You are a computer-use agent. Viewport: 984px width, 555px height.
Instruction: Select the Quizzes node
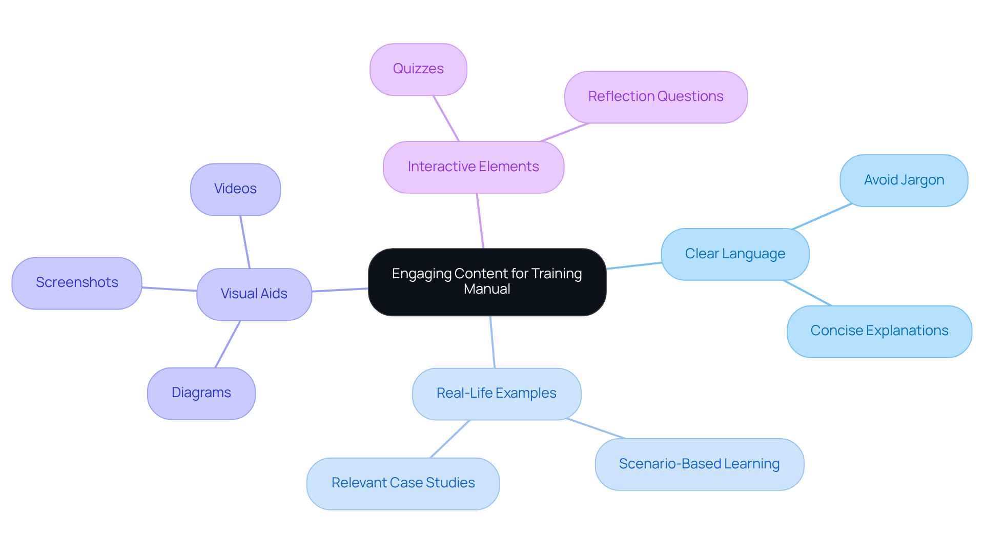[418, 69]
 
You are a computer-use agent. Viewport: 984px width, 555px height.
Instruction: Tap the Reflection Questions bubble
[655, 97]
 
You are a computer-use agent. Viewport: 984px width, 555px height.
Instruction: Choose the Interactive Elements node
[473, 167]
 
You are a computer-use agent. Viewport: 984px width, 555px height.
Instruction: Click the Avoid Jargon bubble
[904, 180]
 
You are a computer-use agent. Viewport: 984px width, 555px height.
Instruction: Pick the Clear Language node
[735, 254]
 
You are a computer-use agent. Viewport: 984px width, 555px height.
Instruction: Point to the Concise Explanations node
[879, 331]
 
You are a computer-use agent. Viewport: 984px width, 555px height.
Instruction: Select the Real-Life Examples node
[496, 394]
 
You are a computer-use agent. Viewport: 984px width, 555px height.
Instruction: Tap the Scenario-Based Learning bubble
[699, 464]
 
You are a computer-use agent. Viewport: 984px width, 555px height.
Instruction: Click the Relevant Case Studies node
[403, 483]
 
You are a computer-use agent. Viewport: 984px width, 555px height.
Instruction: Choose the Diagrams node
[201, 393]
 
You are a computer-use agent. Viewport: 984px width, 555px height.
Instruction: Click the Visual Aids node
[254, 294]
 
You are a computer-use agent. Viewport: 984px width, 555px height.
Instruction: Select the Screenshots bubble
[77, 283]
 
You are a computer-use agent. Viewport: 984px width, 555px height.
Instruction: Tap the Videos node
[235, 189]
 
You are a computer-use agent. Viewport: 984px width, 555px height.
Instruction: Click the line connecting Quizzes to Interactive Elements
[446, 118]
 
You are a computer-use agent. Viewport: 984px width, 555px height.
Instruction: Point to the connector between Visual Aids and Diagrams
[228, 344]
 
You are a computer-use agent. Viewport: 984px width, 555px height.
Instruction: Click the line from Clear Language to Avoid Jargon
[822, 216]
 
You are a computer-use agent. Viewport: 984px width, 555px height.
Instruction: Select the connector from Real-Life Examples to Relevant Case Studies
[450, 439]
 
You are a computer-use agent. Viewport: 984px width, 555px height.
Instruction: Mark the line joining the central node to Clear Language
[634, 265]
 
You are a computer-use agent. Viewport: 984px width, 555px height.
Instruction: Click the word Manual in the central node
[487, 289]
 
